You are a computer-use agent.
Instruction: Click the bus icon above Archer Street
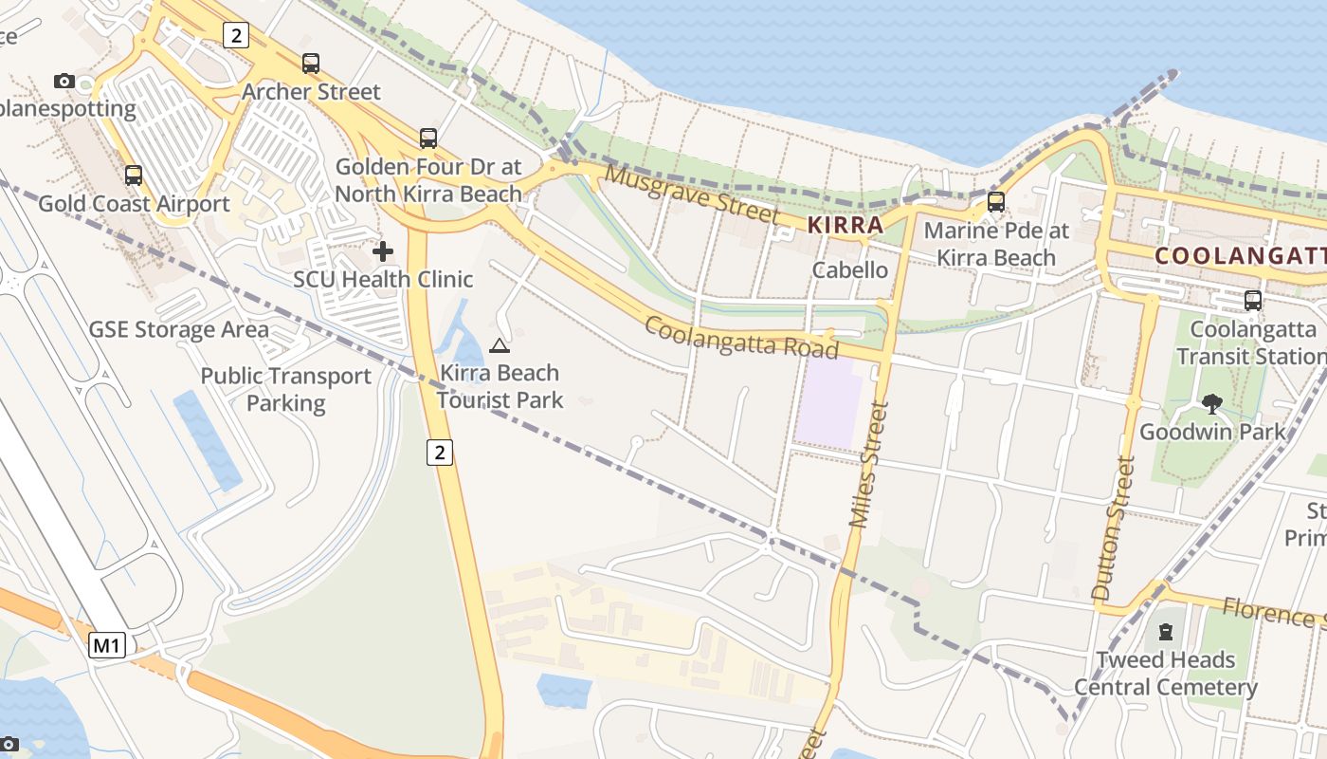[x=311, y=64]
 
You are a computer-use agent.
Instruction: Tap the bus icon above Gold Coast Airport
[x=134, y=176]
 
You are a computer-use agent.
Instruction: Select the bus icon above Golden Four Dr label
[x=428, y=139]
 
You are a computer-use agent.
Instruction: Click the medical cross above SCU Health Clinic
[x=383, y=251]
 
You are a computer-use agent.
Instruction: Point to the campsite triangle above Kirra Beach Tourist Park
[x=500, y=345]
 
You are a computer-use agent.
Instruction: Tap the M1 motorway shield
[x=107, y=646]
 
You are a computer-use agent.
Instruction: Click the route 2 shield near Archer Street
[x=236, y=36]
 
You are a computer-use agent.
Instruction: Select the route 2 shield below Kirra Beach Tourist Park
[x=439, y=453]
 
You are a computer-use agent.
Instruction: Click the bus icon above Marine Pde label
[x=996, y=202]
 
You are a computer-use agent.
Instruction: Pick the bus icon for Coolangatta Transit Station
[x=1253, y=301]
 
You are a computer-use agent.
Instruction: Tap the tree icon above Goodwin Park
[x=1211, y=403]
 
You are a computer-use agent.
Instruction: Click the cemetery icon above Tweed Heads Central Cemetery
[x=1166, y=632]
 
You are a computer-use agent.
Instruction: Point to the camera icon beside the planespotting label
[x=64, y=81]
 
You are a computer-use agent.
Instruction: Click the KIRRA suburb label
[x=845, y=226]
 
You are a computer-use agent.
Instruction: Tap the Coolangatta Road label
[x=741, y=338]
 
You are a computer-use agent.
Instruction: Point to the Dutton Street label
[x=1114, y=528]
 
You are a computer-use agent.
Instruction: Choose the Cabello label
[x=850, y=270]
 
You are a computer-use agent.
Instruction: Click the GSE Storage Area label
[x=179, y=330]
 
